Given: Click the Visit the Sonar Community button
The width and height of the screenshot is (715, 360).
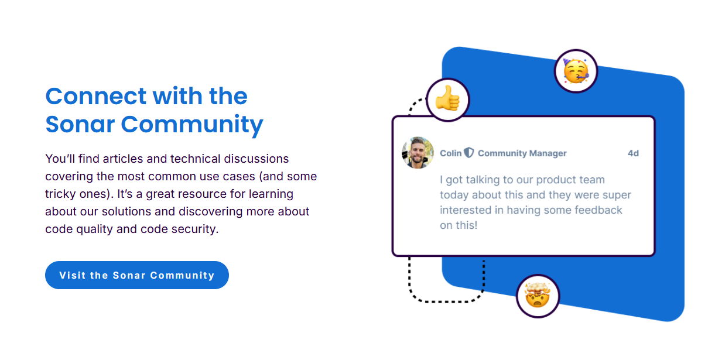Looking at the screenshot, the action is click(x=137, y=275).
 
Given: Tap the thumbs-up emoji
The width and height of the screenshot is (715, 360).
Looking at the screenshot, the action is click(x=448, y=98).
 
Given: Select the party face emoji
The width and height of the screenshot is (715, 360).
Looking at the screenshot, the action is click(x=576, y=71).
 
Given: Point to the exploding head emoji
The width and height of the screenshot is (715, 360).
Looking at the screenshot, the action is click(x=538, y=295).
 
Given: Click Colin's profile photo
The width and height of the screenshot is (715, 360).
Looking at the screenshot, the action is click(x=418, y=153).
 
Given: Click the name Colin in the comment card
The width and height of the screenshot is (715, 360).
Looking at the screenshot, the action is click(x=451, y=153).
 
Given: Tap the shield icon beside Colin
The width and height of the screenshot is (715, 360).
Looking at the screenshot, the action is click(x=469, y=153).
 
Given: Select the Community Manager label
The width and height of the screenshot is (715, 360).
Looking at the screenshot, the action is click(x=522, y=153).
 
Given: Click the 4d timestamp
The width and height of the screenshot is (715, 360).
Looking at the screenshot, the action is click(x=633, y=153).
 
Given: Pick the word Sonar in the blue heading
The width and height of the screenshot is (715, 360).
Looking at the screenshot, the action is click(x=80, y=124).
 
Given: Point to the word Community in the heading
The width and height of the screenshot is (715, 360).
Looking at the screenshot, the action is click(x=192, y=125).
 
